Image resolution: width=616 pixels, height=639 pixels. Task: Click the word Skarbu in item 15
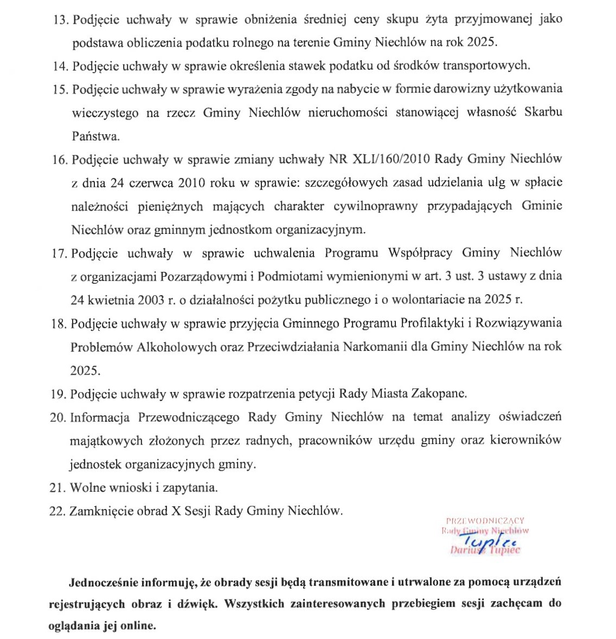coord(543,113)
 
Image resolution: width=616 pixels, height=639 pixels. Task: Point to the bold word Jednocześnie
coord(104,583)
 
